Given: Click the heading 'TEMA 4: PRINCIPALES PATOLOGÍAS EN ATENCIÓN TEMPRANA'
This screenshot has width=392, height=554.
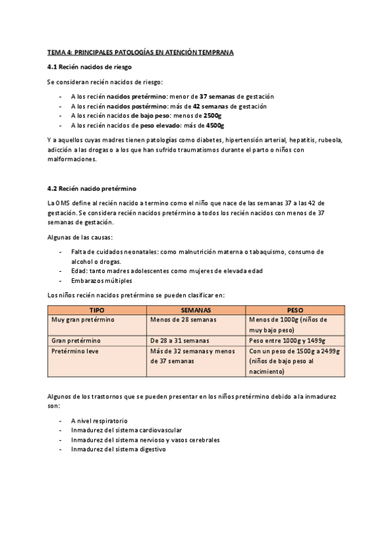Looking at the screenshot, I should (x=140, y=52).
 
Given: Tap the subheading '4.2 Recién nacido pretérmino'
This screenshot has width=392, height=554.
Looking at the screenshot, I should (x=91, y=188).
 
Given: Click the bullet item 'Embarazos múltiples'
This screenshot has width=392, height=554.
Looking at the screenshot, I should (x=101, y=280).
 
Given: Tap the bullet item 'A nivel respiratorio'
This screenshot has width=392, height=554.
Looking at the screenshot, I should (x=99, y=421).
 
